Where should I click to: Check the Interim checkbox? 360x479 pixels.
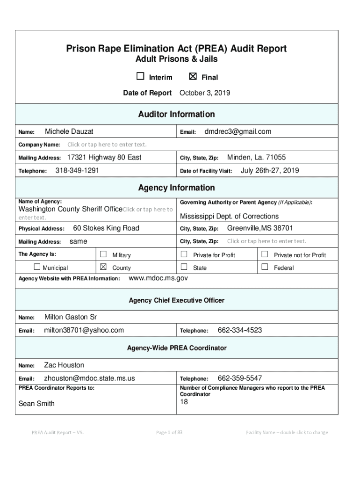coord(140,77)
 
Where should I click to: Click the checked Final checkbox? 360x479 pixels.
coord(192,77)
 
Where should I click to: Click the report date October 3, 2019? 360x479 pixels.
coord(205,93)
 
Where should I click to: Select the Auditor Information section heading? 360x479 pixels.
coord(176,114)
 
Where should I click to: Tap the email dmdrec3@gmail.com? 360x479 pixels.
coord(238,132)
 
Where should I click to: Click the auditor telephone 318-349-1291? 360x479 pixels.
coord(77,171)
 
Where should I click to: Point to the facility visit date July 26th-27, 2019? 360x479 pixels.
coord(269,171)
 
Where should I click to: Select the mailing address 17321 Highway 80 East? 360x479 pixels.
coord(104,158)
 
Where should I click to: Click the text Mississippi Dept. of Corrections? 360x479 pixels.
coord(229,216)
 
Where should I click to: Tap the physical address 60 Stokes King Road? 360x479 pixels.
coord(106,228)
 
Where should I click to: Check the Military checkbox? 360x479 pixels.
coord(103,254)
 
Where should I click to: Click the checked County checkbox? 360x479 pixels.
coord(103,267)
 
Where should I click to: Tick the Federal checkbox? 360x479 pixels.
coord(265,267)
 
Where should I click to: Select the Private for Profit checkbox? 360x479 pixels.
coord(184,254)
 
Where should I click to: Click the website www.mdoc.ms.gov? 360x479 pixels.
coord(158,278)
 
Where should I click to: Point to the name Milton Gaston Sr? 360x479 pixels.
coord(71,317)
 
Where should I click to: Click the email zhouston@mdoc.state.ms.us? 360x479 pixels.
coord(89,378)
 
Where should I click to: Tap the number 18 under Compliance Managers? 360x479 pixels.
coord(184,402)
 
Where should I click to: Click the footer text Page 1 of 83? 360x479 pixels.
coord(169,432)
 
